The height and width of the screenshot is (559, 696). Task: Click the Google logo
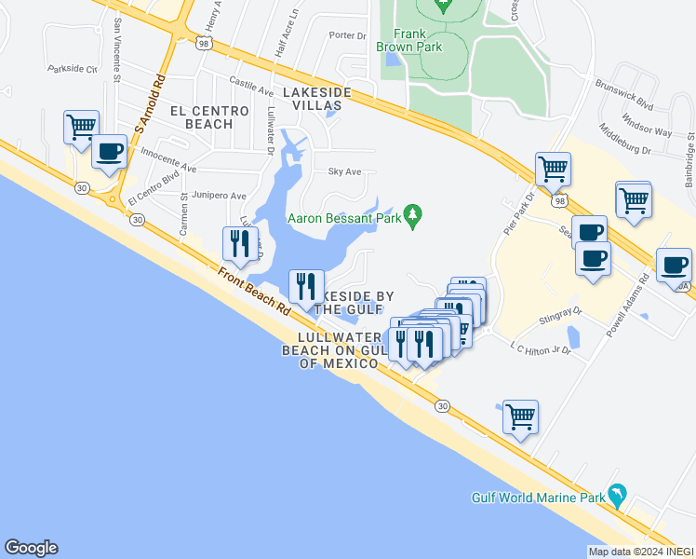point(31,548)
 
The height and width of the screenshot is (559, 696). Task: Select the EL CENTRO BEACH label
point(209,117)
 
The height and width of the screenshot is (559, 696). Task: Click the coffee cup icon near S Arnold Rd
point(109,153)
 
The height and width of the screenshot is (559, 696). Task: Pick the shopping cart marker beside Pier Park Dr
point(553,170)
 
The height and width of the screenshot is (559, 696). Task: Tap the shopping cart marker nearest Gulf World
point(520,416)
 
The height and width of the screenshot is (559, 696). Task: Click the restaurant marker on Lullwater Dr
point(240,244)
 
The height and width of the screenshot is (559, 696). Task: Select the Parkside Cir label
point(73,69)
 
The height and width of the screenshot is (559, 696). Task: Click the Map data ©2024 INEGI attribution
point(641,552)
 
